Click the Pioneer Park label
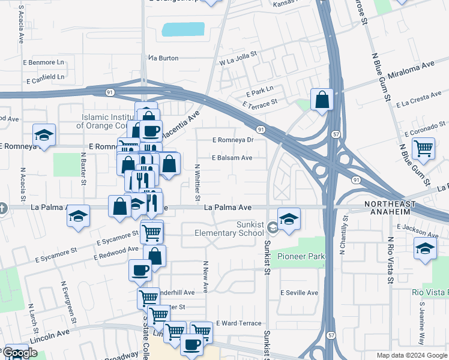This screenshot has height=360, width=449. click(301, 256)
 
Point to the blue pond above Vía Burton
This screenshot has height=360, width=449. click(183, 30)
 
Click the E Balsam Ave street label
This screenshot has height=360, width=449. click(232, 158)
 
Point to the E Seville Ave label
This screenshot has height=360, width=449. click(299, 293)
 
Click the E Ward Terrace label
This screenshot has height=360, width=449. click(239, 323)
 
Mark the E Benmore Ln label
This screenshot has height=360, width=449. click(44, 62)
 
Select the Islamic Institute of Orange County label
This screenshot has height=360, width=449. click(106, 121)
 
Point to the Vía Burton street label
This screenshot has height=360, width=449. click(164, 58)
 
